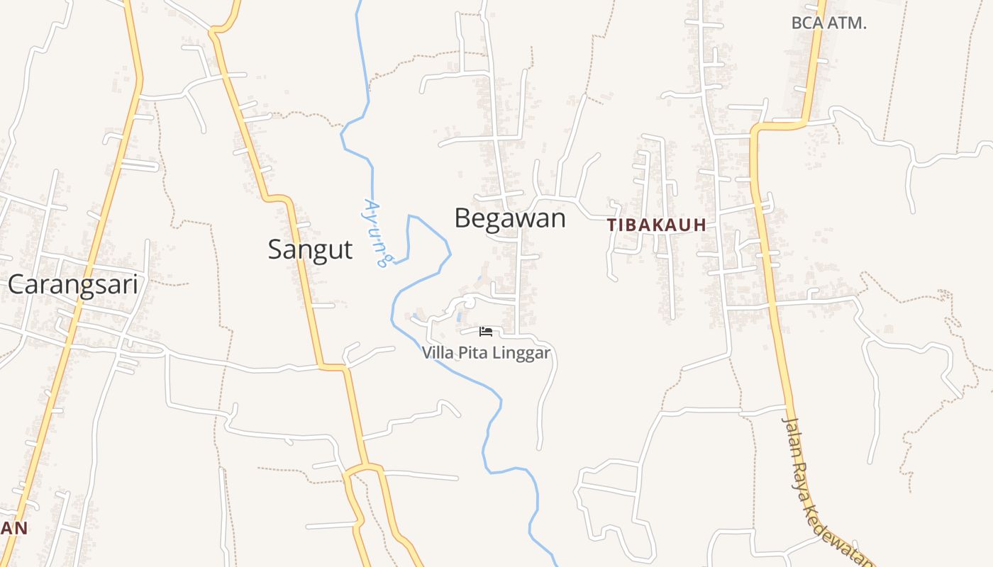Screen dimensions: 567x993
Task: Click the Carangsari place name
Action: tap(72, 284)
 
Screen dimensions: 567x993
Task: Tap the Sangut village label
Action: tap(310, 249)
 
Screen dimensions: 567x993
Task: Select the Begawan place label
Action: tap(510, 218)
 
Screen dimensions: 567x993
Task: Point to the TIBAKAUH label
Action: tap(657, 225)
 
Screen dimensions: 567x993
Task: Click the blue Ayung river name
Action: tap(375, 232)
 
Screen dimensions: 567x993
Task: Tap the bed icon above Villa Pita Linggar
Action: tap(486, 332)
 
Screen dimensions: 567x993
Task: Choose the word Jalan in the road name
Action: tap(792, 431)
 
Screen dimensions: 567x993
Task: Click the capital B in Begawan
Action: tap(463, 218)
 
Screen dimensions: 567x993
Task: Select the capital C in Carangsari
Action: tap(17, 284)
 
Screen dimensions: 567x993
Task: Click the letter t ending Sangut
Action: tap(348, 250)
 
